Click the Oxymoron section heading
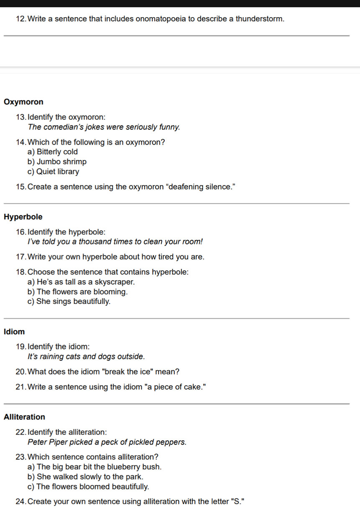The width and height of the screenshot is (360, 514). coord(23,102)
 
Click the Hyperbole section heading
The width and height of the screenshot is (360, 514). coord(23,217)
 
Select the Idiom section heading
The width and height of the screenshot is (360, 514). coord(14,332)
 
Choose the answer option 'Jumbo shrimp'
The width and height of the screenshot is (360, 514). coord(61,162)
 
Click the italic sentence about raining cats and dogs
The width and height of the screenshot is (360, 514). coord(86,356)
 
